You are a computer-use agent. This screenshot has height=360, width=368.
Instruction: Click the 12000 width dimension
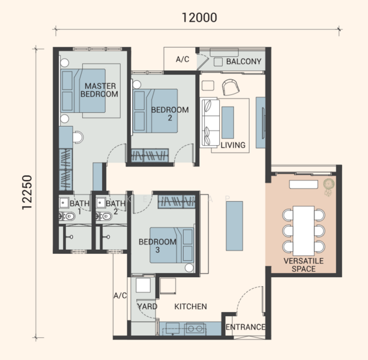(x=199, y=17)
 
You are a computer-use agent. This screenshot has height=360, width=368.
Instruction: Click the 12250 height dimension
(x=27, y=193)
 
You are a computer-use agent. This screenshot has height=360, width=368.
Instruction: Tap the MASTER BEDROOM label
(x=99, y=90)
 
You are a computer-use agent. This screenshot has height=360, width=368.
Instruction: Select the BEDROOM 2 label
(x=170, y=113)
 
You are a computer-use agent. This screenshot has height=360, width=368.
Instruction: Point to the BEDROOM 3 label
(x=157, y=245)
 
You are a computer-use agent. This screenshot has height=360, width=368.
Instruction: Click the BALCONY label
(x=244, y=61)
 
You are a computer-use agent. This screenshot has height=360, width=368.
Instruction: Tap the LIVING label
(x=233, y=145)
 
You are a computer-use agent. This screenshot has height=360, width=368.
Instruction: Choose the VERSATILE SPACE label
(x=303, y=265)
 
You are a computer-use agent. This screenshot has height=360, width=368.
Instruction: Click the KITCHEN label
(x=190, y=306)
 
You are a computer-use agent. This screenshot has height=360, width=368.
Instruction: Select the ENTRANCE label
(x=246, y=327)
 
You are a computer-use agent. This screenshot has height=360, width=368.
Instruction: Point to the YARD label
(x=147, y=306)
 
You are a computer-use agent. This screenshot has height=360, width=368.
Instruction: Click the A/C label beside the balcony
(x=182, y=59)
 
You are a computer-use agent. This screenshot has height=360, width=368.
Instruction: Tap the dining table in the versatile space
(x=303, y=231)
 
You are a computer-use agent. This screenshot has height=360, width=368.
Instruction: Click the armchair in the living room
(x=231, y=87)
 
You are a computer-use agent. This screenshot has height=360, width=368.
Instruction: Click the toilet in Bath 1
(x=67, y=216)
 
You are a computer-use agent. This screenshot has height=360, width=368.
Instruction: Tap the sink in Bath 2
(x=101, y=203)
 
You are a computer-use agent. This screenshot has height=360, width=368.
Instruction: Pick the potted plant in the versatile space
(x=328, y=187)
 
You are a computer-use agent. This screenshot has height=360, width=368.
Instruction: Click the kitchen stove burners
(x=196, y=328)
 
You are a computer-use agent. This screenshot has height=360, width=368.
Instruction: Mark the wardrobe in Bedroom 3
(x=177, y=202)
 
